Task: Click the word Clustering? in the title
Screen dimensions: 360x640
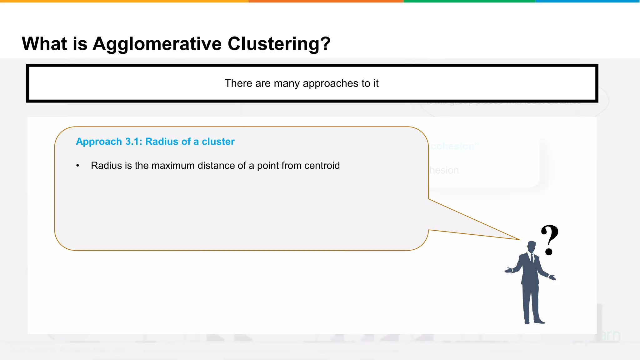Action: (x=279, y=44)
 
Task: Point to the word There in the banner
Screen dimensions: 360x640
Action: (x=238, y=83)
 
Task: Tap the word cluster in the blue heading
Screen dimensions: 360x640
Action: (x=218, y=142)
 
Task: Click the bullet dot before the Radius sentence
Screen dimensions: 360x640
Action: (x=77, y=166)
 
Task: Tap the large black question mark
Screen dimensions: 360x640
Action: (x=550, y=239)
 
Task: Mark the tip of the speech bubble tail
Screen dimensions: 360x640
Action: (x=519, y=240)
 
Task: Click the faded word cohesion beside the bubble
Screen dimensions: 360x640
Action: (x=453, y=146)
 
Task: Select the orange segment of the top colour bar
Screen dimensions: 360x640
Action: (x=326, y=1)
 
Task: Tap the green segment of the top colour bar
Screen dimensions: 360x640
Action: (x=469, y=1)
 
